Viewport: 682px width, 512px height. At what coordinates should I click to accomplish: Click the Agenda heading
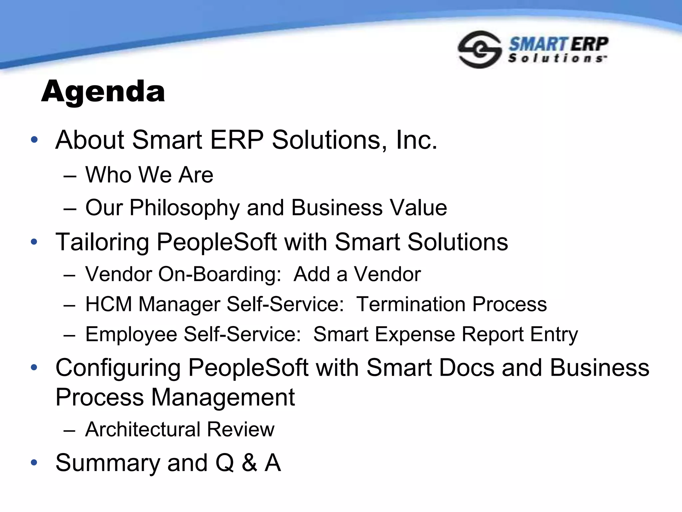click(103, 92)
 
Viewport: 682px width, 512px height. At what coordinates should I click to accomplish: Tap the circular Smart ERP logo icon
click(479, 50)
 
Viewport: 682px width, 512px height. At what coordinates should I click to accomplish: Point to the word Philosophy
click(184, 208)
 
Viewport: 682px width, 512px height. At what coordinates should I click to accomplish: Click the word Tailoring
click(102, 242)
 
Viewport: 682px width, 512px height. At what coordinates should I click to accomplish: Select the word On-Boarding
click(220, 274)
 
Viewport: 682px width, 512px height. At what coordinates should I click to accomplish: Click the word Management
click(223, 397)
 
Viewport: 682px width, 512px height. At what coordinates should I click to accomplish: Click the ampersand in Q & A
click(249, 463)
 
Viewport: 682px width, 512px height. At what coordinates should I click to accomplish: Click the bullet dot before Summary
click(34, 463)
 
